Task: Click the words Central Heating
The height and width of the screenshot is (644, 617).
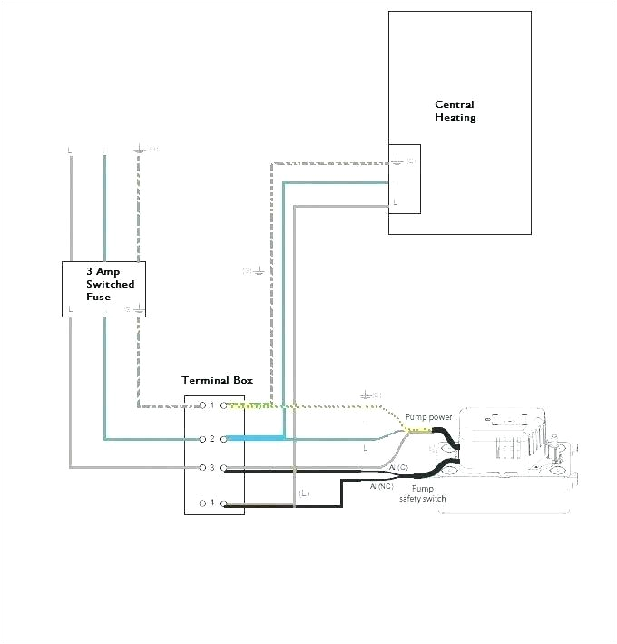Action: click(455, 111)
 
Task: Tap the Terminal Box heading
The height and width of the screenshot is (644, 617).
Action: click(218, 381)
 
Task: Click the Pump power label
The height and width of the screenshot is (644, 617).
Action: click(429, 417)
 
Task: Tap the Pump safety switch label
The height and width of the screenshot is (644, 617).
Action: click(422, 493)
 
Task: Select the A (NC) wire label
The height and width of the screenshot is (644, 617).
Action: click(382, 487)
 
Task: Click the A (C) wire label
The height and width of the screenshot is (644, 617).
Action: click(398, 465)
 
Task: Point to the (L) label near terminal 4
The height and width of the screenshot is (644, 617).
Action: click(304, 493)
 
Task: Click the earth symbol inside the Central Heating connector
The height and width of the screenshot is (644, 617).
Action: click(397, 161)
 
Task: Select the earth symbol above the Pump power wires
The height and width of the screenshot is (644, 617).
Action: click(367, 395)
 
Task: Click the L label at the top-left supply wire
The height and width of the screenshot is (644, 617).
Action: click(70, 150)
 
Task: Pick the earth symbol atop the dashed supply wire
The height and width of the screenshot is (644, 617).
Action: click(139, 148)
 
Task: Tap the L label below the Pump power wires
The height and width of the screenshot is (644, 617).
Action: click(365, 448)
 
